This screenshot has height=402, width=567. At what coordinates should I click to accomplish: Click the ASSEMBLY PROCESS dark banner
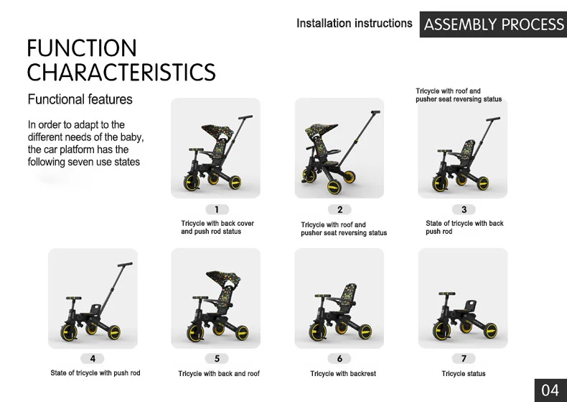(493, 24)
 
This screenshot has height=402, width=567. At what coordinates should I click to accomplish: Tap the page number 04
(550, 390)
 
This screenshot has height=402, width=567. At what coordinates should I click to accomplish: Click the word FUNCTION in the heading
(82, 47)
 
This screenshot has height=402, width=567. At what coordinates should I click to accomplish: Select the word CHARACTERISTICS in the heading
(121, 72)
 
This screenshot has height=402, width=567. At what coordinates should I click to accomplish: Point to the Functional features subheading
(80, 99)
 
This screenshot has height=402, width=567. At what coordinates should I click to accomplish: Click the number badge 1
(217, 209)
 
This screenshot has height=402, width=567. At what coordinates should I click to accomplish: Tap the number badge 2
(340, 209)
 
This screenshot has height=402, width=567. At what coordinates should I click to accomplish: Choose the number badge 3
(464, 209)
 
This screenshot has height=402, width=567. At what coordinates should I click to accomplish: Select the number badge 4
(93, 359)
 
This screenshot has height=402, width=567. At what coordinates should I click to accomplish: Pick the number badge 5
(217, 359)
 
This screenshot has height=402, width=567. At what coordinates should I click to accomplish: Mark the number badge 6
(339, 359)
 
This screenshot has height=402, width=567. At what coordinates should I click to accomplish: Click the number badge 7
(464, 359)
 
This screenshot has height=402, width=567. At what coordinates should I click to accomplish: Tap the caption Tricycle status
(464, 374)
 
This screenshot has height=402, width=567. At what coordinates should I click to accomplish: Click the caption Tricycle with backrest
(343, 374)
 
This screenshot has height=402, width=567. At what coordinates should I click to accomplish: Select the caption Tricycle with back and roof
(219, 374)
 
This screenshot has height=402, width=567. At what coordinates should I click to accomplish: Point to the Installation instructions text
(355, 24)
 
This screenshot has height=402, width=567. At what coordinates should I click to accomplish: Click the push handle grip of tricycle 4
(125, 265)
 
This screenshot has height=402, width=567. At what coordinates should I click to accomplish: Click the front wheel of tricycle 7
(442, 330)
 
